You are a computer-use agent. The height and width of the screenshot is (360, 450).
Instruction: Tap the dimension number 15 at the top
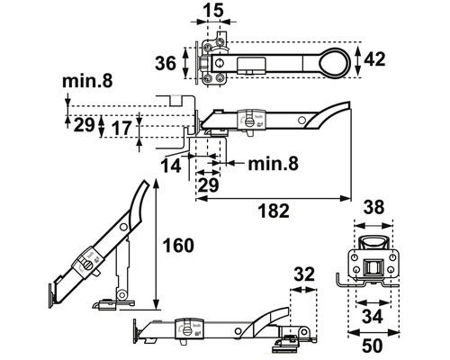click(x=212, y=11)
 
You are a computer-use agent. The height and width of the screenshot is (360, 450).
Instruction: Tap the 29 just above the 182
click(x=208, y=184)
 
